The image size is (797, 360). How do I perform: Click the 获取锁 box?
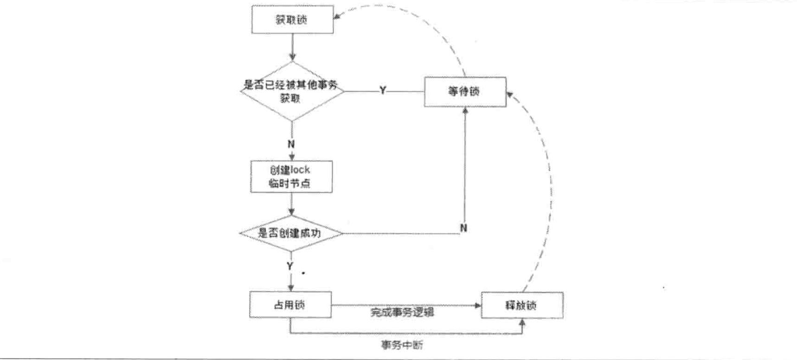292,19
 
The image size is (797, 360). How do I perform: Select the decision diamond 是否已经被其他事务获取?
292,91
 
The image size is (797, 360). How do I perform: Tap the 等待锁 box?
465,92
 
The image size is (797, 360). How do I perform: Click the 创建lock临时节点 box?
291,176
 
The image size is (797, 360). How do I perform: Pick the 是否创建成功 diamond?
291,233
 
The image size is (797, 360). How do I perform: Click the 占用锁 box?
290,305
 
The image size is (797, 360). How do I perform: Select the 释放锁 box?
522,305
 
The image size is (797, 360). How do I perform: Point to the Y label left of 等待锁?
383,90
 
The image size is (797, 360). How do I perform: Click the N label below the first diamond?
291,144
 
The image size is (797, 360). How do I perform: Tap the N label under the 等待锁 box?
463,228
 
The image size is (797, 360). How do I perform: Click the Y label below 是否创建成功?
290,266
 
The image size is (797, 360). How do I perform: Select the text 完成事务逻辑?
402,313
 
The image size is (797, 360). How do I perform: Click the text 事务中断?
402,345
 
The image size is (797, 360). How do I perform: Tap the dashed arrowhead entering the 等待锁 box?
509,94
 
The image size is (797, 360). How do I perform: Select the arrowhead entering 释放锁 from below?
522,321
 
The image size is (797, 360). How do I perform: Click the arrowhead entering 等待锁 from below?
465,110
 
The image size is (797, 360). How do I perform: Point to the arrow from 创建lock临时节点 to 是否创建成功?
291,204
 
